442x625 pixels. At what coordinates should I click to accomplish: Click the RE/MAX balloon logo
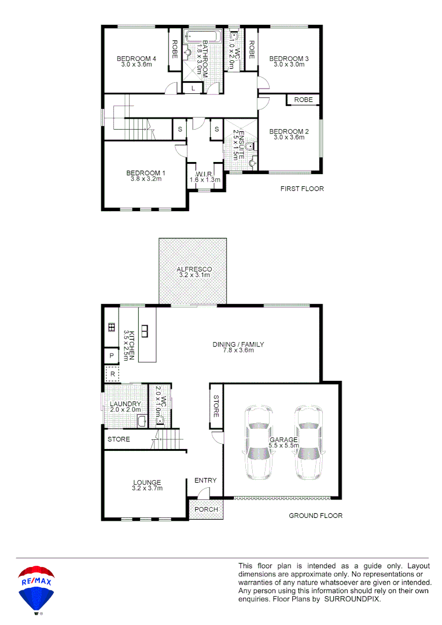point(36,589)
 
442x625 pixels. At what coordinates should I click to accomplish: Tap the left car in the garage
point(258,443)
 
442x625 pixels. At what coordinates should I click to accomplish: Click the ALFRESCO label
point(194,270)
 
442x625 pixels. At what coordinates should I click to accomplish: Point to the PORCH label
point(206,509)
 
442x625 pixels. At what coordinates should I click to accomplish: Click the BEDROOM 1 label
point(146,172)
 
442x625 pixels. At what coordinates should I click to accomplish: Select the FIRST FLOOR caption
point(301,189)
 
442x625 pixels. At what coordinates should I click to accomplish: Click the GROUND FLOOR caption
point(315,515)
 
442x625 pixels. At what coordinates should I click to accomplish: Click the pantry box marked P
point(110,355)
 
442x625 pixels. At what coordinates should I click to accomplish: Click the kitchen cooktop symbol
point(111,328)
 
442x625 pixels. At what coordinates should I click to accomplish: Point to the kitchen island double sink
point(145,331)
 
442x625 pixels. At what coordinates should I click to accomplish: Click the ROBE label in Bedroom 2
point(303,100)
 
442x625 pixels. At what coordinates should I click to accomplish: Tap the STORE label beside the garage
point(216,406)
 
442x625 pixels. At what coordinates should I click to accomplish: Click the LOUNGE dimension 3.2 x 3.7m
point(147,488)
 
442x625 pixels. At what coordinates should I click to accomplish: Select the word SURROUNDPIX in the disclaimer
point(352,599)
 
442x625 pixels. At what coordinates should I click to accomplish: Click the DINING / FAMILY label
point(238,344)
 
